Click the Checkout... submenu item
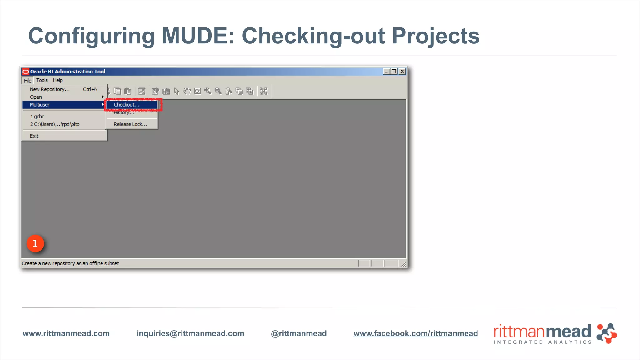click(127, 105)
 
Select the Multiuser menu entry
click(40, 105)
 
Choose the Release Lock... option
click(130, 124)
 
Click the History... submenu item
click(124, 113)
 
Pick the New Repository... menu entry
click(50, 89)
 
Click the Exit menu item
click(34, 136)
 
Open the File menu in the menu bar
click(27, 80)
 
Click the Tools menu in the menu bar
click(42, 80)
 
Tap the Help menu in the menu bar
click(57, 80)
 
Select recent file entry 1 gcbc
click(37, 117)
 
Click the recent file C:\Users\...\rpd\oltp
click(55, 124)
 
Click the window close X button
click(402, 72)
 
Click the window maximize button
click(394, 72)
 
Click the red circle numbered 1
click(35, 243)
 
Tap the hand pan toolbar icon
click(187, 91)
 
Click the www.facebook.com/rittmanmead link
click(416, 333)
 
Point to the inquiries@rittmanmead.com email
click(190, 333)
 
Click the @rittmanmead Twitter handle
click(299, 333)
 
